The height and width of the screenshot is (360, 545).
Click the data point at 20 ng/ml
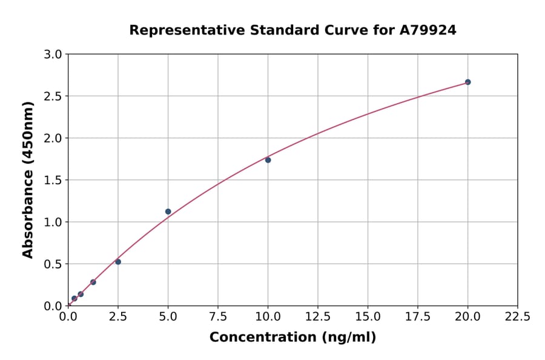click(467, 82)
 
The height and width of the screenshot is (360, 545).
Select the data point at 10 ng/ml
click(268, 160)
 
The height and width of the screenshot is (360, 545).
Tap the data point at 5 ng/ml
click(168, 212)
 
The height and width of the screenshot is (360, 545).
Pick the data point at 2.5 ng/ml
click(118, 262)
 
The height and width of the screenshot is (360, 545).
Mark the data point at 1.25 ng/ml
click(93, 282)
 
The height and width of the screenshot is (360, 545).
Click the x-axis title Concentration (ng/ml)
click(292, 338)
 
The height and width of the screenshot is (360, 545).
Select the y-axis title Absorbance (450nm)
click(28, 179)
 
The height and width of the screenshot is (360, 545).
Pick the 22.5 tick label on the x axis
click(518, 316)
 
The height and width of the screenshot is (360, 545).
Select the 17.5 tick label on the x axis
click(418, 316)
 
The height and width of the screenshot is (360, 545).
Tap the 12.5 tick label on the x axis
click(318, 316)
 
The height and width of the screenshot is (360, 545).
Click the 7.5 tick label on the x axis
click(218, 316)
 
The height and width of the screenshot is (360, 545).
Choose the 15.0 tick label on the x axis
click(368, 316)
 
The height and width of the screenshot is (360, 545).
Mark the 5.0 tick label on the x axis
click(168, 316)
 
